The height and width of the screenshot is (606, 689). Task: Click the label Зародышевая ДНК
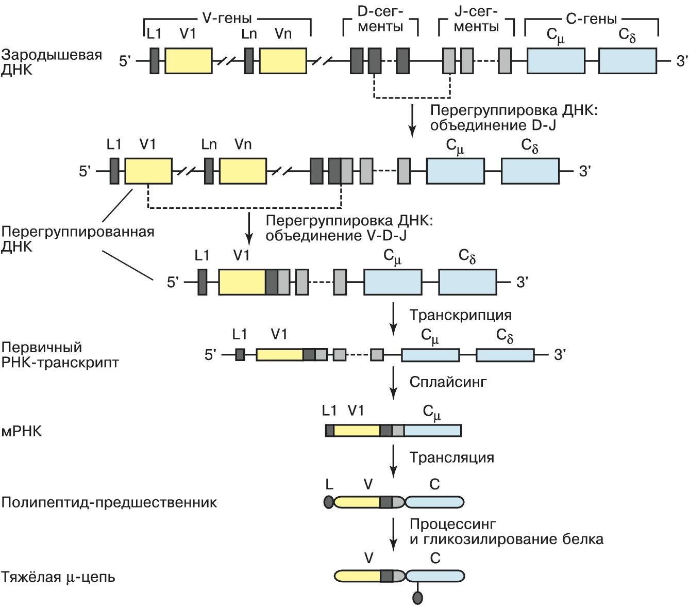tap(52, 62)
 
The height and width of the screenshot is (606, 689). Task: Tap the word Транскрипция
tap(460, 315)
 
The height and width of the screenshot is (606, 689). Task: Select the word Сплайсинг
tap(448, 382)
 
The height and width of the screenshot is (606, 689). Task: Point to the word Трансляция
tap(451, 457)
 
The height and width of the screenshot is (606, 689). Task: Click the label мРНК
tap(22, 431)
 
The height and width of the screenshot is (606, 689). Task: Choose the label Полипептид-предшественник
tap(109, 502)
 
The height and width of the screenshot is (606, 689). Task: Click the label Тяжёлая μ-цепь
tap(58, 577)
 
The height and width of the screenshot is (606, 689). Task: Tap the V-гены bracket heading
tap(227, 19)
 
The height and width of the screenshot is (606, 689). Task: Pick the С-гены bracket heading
tap(591, 19)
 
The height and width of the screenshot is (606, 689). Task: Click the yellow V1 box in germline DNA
tap(189, 61)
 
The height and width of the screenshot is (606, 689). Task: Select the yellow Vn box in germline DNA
tap(282, 61)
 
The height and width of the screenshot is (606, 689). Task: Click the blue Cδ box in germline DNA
tap(627, 61)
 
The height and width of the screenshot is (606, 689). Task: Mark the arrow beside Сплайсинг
tap(394, 383)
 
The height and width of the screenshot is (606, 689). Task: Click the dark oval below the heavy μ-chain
tap(417, 598)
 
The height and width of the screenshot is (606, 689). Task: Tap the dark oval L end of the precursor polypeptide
tap(329, 502)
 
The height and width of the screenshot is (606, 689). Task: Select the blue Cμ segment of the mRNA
tap(432, 430)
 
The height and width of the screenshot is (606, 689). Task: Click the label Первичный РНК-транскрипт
tap(60, 355)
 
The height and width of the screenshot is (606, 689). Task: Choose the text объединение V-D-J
tap(335, 236)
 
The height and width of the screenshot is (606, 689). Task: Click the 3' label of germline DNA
tap(681, 61)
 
